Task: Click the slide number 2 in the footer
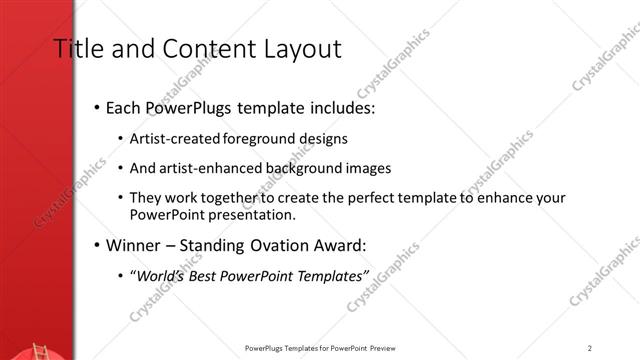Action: point(590,348)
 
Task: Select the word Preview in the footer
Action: point(384,348)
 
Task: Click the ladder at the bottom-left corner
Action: point(40,351)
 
